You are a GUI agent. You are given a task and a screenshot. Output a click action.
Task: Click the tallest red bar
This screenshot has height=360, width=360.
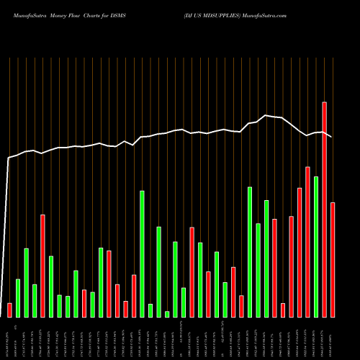[x=325, y=210]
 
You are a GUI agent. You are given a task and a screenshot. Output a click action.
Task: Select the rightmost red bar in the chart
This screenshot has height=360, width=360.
[x=333, y=259]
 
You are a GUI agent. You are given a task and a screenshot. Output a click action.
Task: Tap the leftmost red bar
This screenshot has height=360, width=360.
[x=9, y=310]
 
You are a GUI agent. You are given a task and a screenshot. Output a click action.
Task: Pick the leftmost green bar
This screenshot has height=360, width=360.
[x=18, y=297]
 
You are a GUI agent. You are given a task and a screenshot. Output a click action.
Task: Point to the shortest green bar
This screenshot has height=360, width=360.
[x=167, y=314]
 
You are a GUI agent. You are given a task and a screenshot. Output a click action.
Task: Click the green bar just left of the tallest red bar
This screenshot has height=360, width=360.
[x=316, y=246]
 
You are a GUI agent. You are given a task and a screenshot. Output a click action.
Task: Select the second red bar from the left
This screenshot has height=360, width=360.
[x=42, y=266]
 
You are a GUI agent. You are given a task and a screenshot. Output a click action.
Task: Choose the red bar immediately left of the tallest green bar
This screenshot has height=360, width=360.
[x=134, y=295]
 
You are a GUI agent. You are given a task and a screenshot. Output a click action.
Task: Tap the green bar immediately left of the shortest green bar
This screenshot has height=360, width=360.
[x=158, y=271]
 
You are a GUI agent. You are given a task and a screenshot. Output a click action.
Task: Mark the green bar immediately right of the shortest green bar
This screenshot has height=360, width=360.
[x=175, y=279]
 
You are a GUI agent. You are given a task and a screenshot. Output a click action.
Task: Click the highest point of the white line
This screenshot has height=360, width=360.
[x=266, y=115]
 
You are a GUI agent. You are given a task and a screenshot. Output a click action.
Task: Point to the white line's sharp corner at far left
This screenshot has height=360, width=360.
[x=9, y=158]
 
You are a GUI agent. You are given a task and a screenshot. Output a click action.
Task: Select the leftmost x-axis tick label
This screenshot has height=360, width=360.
[x=9, y=338]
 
